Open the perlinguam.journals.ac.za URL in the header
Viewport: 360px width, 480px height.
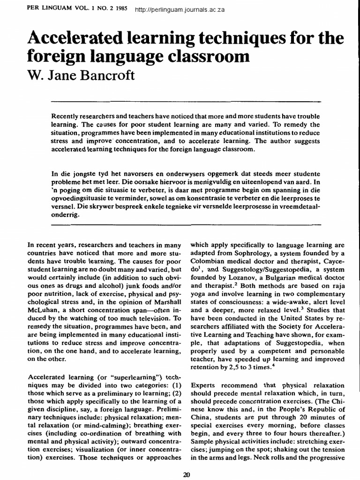(180, 10)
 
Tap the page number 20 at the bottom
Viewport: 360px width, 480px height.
(186, 474)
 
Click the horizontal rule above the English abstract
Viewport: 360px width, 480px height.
(185, 101)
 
